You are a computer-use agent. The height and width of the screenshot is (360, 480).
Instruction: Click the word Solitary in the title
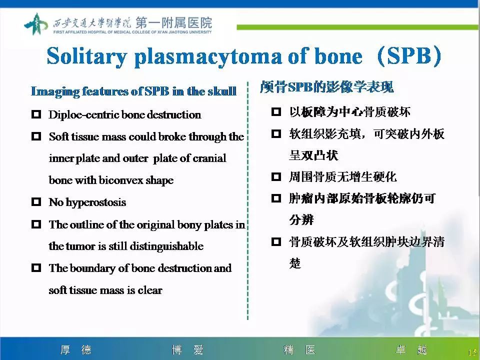pos(86,56)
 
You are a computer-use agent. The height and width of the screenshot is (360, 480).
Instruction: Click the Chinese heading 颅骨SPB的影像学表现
pos(326,87)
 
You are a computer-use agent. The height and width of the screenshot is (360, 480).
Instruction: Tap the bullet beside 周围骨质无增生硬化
pos(276,176)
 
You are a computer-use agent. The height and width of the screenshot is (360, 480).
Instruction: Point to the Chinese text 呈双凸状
pos(313,155)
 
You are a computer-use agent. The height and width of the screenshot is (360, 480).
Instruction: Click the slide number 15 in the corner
pos(471,352)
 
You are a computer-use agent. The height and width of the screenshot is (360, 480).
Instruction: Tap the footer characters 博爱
pos(187,350)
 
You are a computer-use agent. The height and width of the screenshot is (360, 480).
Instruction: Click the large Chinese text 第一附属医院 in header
pos(173,22)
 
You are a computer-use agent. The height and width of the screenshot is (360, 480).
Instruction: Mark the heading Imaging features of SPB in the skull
pos(133,91)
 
